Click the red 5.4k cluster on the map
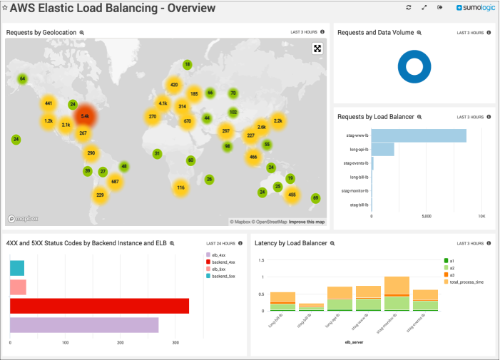(85, 115)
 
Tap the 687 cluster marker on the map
(114, 182)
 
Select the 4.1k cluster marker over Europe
(163, 103)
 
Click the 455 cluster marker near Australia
(292, 194)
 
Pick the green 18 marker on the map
(188, 65)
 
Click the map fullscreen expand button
(317, 48)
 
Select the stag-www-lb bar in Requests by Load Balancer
(419, 135)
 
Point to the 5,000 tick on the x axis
(427, 215)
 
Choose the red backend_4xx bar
(99, 306)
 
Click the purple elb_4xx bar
(84, 325)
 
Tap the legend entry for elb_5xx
(216, 269)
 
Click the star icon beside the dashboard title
(4, 9)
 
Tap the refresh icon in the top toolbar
(409, 7)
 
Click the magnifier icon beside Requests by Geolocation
(82, 33)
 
